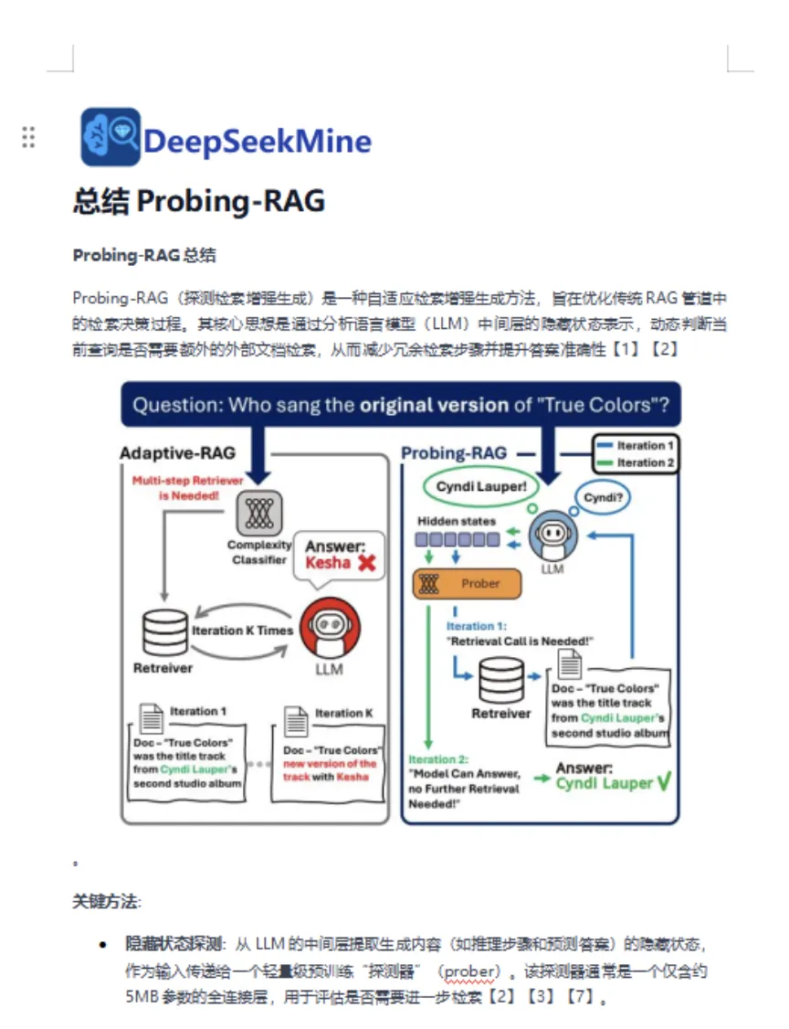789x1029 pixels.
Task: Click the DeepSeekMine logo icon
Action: coord(110,137)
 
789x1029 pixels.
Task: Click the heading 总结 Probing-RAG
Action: coord(198,201)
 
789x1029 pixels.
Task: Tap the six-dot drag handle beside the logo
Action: coord(28,137)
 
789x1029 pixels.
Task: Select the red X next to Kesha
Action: coord(367,563)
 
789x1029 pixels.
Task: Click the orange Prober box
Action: coord(468,583)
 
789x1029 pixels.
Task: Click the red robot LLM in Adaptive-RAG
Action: coord(329,627)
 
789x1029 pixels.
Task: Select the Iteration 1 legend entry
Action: coord(634,446)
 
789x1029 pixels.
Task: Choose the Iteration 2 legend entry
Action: coord(634,462)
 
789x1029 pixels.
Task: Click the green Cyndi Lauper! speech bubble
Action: coord(480,487)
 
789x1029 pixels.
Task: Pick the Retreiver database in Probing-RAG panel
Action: coord(501,680)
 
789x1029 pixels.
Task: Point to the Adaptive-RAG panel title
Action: coord(177,453)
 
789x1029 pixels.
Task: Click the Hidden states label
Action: coord(457,521)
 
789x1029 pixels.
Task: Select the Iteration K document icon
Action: coord(295,721)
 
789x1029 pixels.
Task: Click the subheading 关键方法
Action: coord(106,902)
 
